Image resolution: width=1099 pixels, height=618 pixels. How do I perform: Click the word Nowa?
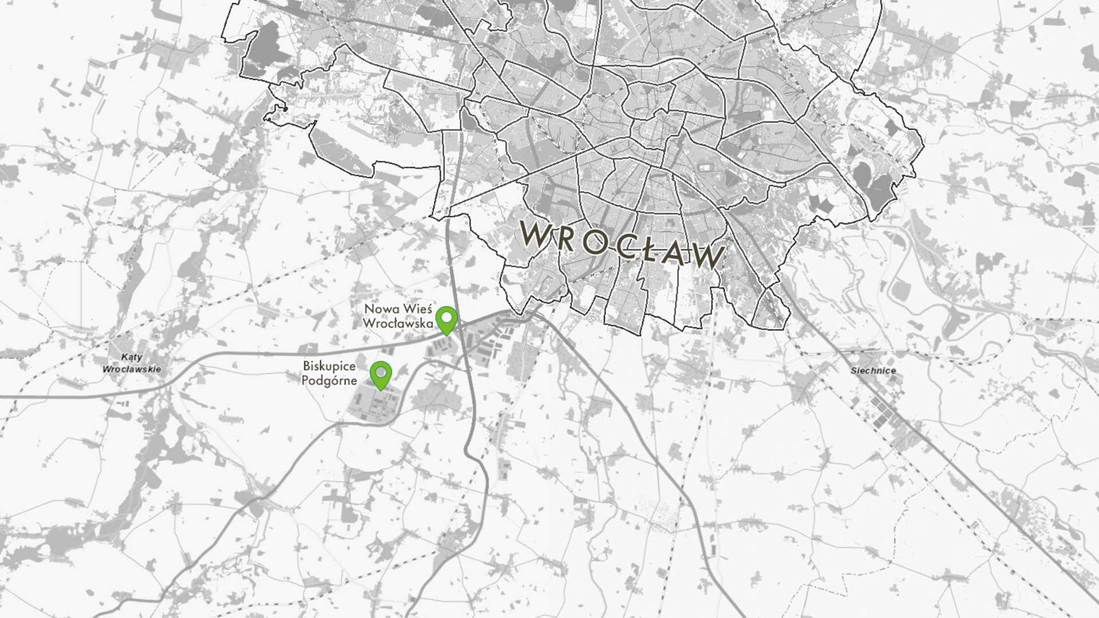[381, 310]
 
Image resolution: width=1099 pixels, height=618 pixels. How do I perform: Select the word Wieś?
[416, 310]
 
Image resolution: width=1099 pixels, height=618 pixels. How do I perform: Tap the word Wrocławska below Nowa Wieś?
[398, 323]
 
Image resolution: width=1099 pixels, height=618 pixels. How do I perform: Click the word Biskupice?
[329, 366]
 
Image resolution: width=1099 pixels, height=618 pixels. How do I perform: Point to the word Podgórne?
[329, 381]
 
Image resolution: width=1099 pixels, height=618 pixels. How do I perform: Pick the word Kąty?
[132, 358]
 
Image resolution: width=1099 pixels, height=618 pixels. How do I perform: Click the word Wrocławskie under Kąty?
[132, 369]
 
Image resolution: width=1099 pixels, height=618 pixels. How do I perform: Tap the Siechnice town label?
[873, 371]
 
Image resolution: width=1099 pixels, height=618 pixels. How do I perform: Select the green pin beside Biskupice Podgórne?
[381, 374]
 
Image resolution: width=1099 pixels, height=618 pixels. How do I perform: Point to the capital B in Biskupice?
[307, 366]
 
